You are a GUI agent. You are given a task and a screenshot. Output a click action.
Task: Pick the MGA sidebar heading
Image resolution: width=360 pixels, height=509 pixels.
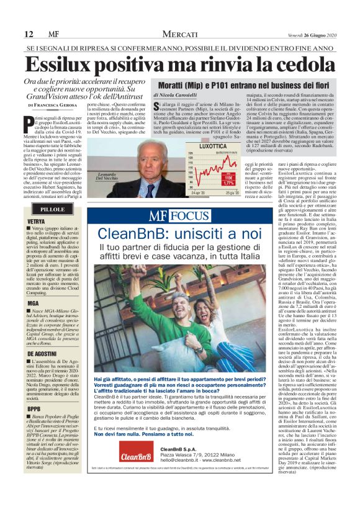[33, 302]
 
